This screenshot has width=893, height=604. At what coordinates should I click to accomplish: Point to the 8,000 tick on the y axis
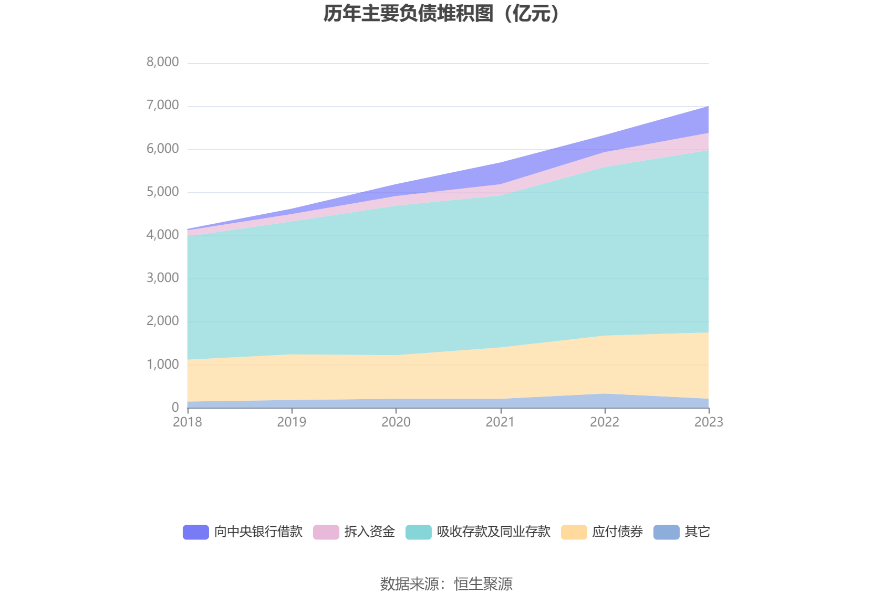pyautogui.click(x=162, y=62)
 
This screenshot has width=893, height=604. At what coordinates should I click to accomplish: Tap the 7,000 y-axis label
pyautogui.click(x=162, y=105)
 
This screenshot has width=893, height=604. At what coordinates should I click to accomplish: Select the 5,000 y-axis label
pyautogui.click(x=162, y=192)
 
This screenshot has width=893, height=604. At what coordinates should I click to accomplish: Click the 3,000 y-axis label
pyautogui.click(x=162, y=278)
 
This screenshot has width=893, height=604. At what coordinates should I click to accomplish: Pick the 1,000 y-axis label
pyautogui.click(x=162, y=364)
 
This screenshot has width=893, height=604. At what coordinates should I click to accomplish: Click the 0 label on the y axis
pyautogui.click(x=175, y=407)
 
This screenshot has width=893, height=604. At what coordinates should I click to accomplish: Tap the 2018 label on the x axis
pyautogui.click(x=188, y=422)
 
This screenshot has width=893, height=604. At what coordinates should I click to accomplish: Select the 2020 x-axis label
pyautogui.click(x=396, y=422)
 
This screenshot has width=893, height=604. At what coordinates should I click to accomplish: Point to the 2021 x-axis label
pyautogui.click(x=500, y=422)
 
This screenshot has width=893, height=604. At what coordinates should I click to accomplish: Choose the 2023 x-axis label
pyautogui.click(x=709, y=422)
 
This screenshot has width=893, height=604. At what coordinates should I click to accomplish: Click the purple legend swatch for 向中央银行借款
pyautogui.click(x=196, y=532)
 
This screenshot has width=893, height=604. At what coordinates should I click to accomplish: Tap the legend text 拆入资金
pyautogui.click(x=369, y=532)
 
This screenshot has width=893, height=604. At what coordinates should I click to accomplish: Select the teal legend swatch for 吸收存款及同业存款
pyautogui.click(x=419, y=532)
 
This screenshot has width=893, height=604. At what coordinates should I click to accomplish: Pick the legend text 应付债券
pyautogui.click(x=617, y=532)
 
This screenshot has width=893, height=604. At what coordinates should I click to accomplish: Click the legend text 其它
pyautogui.click(x=697, y=532)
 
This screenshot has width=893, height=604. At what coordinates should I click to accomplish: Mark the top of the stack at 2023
pyautogui.click(x=709, y=107)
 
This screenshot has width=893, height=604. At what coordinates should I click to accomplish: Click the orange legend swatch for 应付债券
pyautogui.click(x=574, y=532)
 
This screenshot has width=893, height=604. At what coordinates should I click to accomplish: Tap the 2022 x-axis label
pyautogui.click(x=605, y=422)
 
